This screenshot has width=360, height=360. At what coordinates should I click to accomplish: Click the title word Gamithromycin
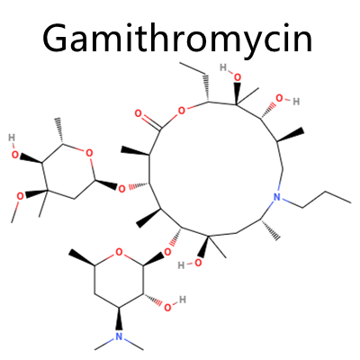[x=177, y=37]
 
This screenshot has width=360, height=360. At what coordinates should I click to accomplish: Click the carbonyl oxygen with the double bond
[x=139, y=113]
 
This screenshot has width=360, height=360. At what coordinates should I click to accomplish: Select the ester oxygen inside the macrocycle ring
[x=181, y=112]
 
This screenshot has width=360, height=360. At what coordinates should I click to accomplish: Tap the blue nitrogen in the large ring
[x=277, y=197]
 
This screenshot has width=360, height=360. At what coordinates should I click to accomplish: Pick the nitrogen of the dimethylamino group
[x=120, y=336]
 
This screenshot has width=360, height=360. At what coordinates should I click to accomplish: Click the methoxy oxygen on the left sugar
[x=20, y=197]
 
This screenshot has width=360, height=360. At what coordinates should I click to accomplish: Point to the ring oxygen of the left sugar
[x=89, y=153]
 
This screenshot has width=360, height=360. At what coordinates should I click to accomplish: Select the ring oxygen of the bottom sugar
[x=120, y=252]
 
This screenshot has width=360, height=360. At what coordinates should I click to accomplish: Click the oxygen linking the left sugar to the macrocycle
[x=121, y=189]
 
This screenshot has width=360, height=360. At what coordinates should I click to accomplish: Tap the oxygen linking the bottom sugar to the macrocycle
[x=168, y=251]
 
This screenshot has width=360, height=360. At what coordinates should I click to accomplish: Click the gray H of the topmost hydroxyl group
[x=223, y=67]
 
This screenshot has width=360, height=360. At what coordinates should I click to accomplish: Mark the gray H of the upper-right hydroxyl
[x=296, y=102]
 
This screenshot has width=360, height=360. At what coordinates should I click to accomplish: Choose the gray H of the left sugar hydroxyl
[x=12, y=138]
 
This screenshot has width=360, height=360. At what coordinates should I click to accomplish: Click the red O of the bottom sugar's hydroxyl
[x=168, y=307]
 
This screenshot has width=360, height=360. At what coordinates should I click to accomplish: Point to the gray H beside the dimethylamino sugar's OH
[x=183, y=300]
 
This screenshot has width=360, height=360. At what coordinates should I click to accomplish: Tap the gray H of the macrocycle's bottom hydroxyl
[x=181, y=265]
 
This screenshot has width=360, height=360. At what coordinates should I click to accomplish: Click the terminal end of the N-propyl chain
[x=351, y=202]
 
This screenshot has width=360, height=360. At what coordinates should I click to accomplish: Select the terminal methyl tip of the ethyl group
[x=180, y=63]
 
